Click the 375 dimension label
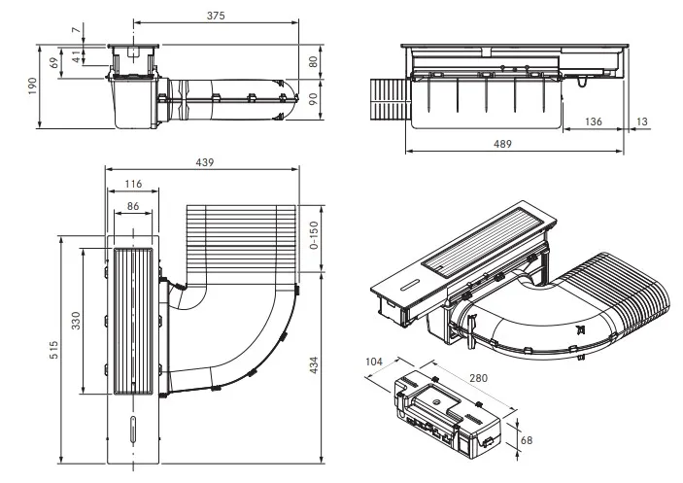pyautogui.click(x=216, y=16)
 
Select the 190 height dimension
pyautogui.click(x=33, y=86)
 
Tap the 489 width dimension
pyautogui.click(x=502, y=144)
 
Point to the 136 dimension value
pyautogui.click(x=594, y=121)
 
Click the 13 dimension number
pyautogui.click(x=642, y=121)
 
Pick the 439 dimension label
pyautogui.click(x=205, y=162)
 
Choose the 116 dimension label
pyautogui.click(x=133, y=184)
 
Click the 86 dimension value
pyautogui.click(x=133, y=206)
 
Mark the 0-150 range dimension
pyautogui.click(x=314, y=235)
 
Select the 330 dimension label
pyautogui.click(x=76, y=321)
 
